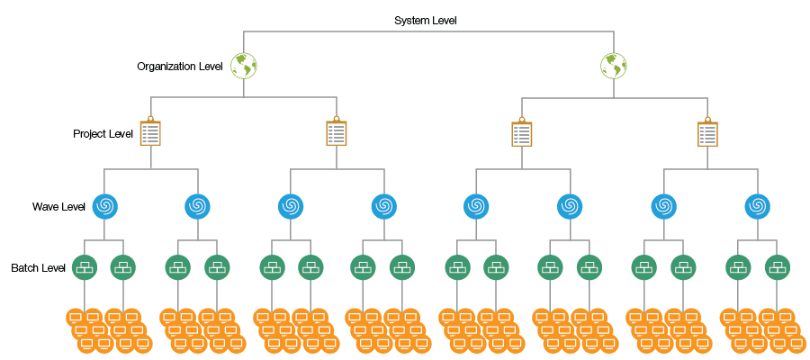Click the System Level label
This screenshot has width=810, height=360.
tap(425, 20)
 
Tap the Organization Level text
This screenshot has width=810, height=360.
tap(180, 66)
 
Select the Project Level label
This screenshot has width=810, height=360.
tap(103, 134)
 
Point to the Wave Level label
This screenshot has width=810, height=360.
tap(59, 207)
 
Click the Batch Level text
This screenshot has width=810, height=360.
tap(39, 268)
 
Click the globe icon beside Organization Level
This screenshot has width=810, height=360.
tap(244, 66)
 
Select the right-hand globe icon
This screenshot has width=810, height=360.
tap(614, 66)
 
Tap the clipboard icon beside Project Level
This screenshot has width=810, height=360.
tap(150, 133)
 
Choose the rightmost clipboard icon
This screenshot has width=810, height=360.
tap(708, 133)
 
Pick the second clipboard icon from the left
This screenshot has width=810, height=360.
tap(337, 133)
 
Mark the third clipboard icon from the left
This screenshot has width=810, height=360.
tap(522, 133)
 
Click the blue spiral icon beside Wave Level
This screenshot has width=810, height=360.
tap(104, 206)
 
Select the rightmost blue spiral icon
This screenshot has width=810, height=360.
tap(757, 206)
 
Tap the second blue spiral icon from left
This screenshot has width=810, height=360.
tap(197, 206)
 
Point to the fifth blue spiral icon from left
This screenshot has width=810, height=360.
tap(476, 206)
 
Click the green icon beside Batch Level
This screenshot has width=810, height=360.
tap(85, 267)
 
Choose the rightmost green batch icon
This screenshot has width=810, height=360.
tap(778, 267)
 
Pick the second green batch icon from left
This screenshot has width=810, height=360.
tap(123, 267)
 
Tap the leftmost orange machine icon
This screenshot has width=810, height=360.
tap(75, 317)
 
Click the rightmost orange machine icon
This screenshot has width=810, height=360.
tap(796, 343)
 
